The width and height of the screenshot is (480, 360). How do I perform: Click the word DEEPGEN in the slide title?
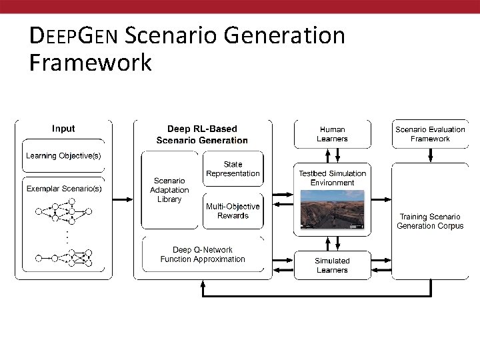click(x=74, y=35)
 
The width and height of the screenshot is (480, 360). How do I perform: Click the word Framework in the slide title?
click(x=91, y=63)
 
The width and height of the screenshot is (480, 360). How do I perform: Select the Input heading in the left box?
click(x=63, y=129)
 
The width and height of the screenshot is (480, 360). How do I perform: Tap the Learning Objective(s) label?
click(x=63, y=156)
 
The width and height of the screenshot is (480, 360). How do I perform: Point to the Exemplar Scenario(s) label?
click(x=64, y=189)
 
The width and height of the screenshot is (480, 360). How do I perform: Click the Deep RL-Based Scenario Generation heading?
click(x=202, y=134)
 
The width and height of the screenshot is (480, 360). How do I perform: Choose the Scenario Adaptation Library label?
click(x=169, y=190)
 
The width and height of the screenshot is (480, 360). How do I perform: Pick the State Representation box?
click(x=233, y=169)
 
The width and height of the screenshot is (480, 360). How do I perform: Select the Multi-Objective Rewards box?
click(x=233, y=211)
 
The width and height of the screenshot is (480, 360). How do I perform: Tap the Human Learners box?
click(x=332, y=134)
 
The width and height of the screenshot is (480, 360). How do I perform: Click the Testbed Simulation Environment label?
click(x=332, y=178)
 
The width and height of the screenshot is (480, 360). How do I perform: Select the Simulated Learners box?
click(x=332, y=265)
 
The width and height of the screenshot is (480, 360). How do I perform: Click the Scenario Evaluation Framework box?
click(x=430, y=134)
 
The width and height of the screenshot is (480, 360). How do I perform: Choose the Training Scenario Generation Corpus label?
click(x=430, y=221)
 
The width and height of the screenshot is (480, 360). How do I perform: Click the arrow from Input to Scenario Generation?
click(x=123, y=199)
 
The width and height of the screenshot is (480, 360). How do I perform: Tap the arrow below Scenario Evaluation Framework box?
click(x=431, y=155)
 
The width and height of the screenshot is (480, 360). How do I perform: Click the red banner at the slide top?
click(x=240, y=6)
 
